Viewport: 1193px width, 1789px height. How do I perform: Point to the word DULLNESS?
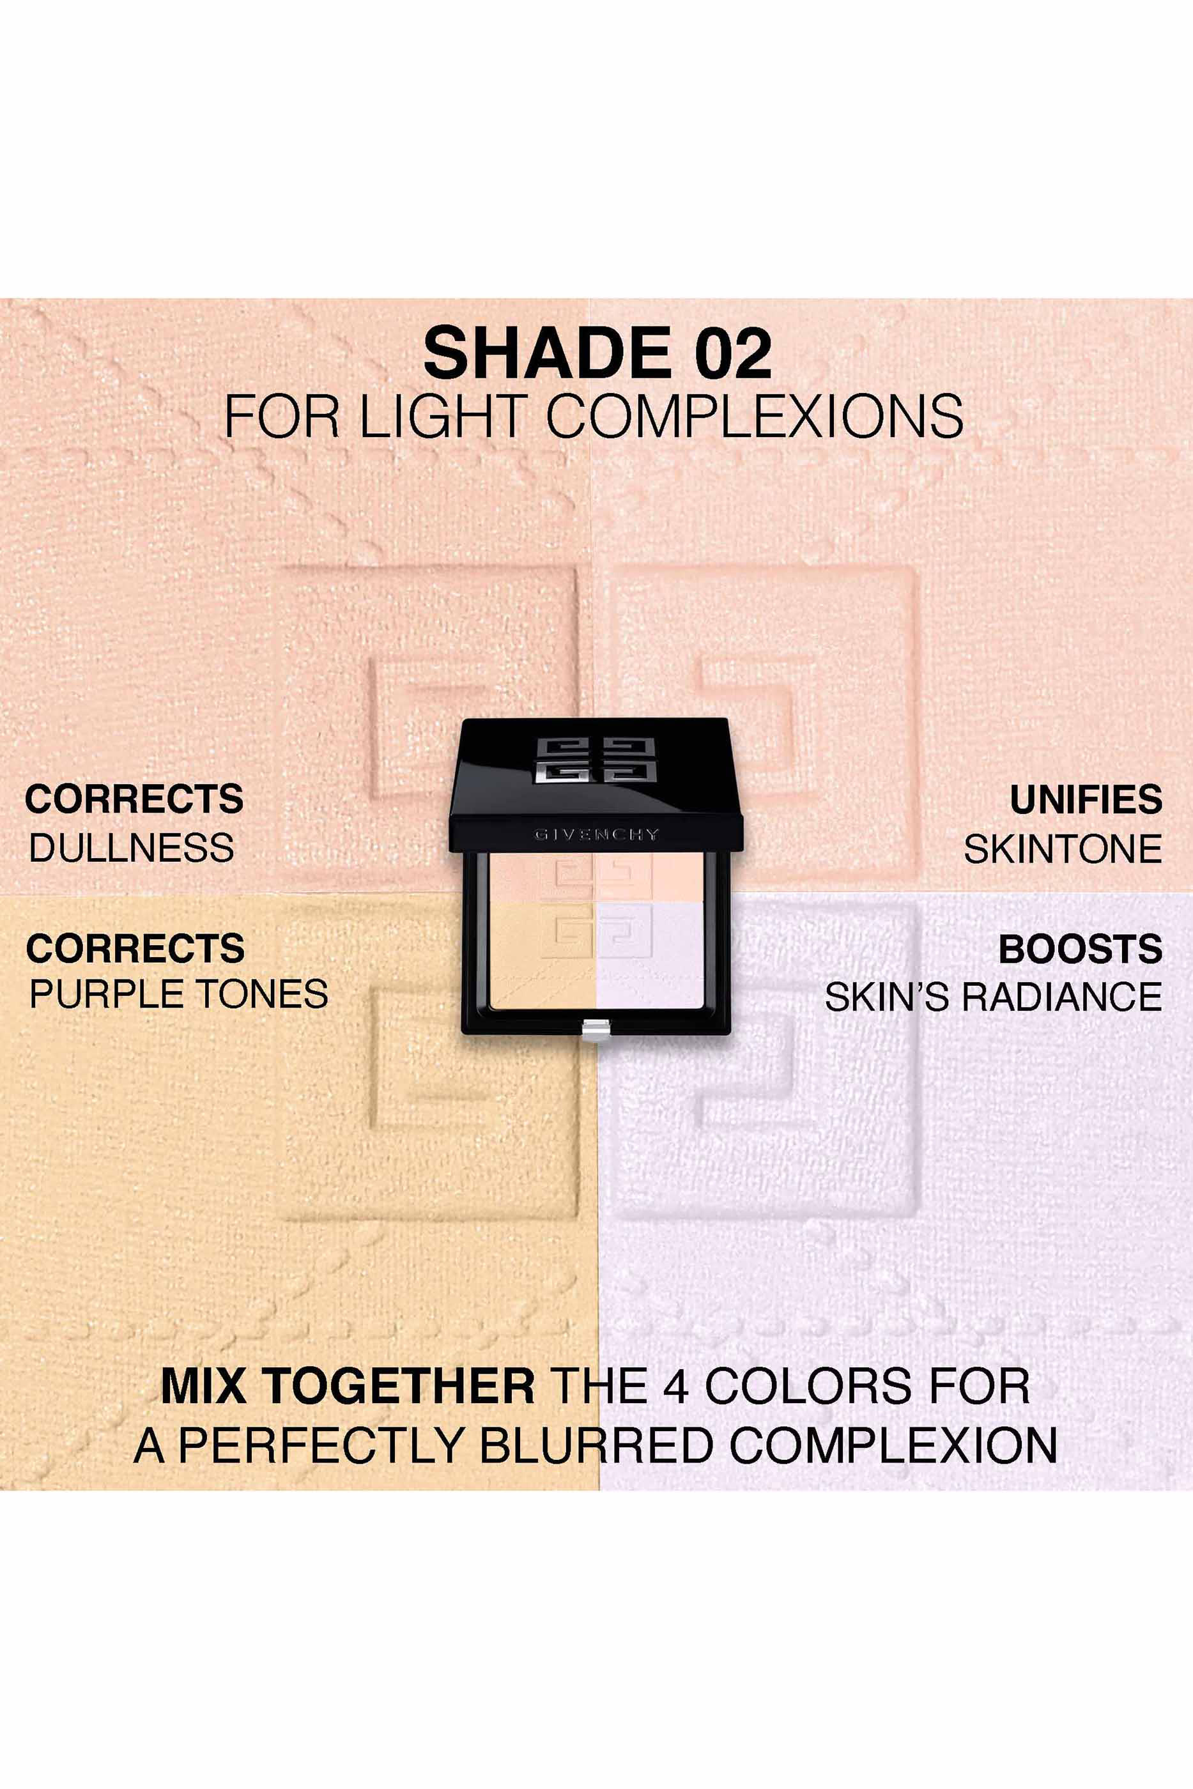[x=132, y=847]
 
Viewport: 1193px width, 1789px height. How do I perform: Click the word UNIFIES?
[x=1086, y=799]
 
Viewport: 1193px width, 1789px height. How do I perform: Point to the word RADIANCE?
[x=1062, y=997]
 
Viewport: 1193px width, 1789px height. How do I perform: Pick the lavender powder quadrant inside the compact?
[x=650, y=955]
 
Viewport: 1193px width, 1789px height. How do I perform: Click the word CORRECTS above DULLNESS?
[x=134, y=799]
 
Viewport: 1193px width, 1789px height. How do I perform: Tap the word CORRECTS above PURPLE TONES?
[x=135, y=948]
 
